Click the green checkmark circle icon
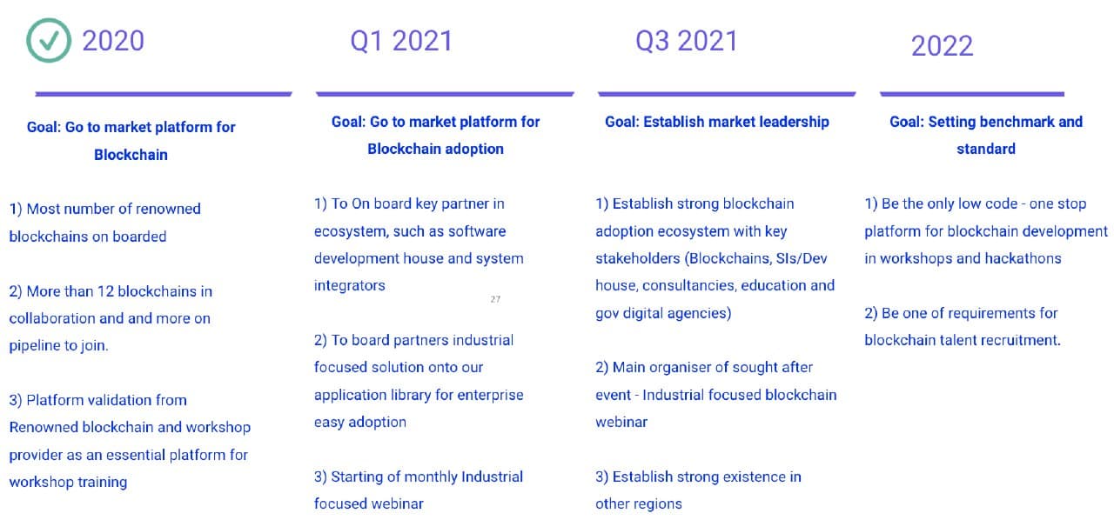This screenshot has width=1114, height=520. (x=48, y=41)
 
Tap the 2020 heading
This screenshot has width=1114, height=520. (x=113, y=41)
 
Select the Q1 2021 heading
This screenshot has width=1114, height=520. (x=401, y=41)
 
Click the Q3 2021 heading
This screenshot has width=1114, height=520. (x=687, y=41)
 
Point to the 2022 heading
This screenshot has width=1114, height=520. (x=942, y=45)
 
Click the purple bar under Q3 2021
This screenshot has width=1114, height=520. (x=727, y=94)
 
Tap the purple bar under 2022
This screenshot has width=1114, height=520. (x=971, y=94)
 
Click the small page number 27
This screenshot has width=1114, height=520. (x=495, y=299)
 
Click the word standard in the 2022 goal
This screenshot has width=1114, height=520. (x=986, y=149)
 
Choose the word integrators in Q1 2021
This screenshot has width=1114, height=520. (x=350, y=285)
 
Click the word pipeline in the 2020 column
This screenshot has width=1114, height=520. (x=34, y=345)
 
